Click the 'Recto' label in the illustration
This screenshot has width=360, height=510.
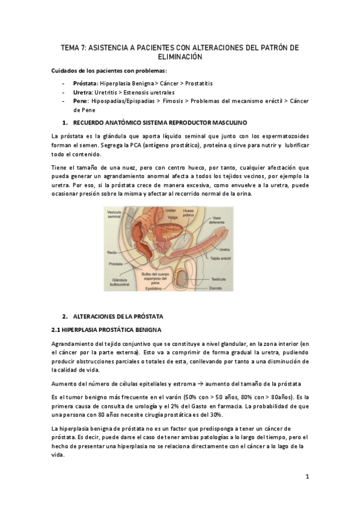(x=111, y=253)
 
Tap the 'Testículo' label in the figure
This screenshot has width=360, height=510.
(x=235, y=278)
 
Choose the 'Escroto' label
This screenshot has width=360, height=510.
(x=233, y=287)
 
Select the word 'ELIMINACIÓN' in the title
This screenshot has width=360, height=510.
(x=180, y=57)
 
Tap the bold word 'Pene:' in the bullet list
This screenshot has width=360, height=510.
(x=81, y=102)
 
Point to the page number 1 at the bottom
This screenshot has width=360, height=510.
(x=307, y=477)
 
